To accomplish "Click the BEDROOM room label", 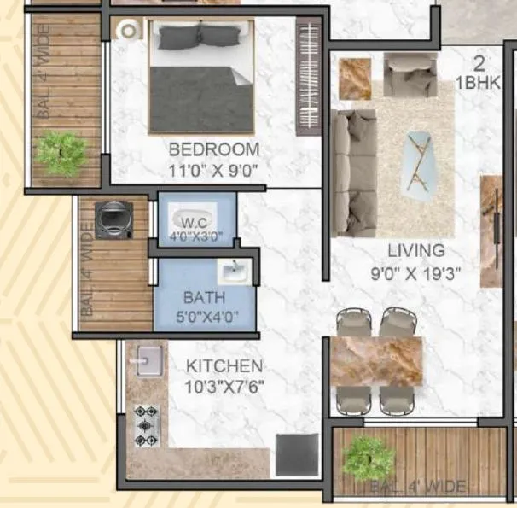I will [x=213, y=148].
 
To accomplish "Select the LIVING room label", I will [x=416, y=251].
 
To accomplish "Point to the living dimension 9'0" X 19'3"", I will [x=416, y=275].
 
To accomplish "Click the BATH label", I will [x=204, y=298].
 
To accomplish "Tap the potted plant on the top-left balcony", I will [x=62, y=152].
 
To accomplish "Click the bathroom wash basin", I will [x=232, y=272].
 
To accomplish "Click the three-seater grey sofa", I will [x=352, y=173].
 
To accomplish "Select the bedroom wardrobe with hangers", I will [x=306, y=77].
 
